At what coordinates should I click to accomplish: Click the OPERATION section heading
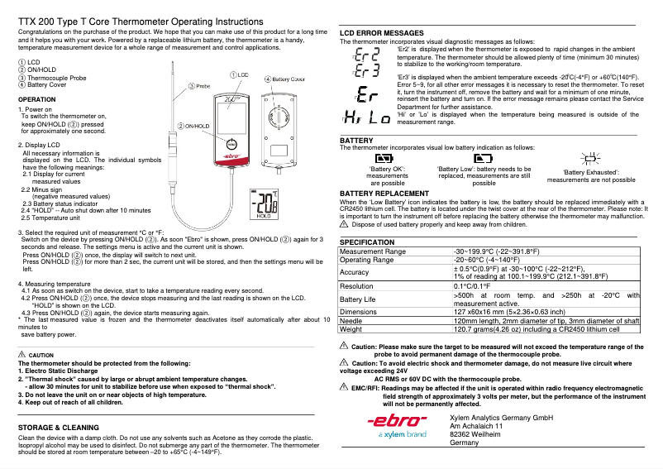tap(37, 98)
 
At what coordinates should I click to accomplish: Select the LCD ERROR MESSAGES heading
tap(382, 33)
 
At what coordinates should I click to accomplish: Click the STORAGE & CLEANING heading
tap(59, 427)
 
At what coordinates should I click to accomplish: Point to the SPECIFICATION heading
tap(367, 242)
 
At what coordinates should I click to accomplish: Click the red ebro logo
tap(396, 421)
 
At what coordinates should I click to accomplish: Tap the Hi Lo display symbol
tap(367, 117)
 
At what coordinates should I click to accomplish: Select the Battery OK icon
tap(386, 157)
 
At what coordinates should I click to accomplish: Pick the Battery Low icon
tap(483, 157)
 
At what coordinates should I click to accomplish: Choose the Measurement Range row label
tap(373, 251)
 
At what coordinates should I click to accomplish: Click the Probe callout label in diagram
tap(199, 85)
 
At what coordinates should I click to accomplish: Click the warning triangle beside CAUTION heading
tap(21, 354)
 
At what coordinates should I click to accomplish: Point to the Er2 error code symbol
tap(367, 55)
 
